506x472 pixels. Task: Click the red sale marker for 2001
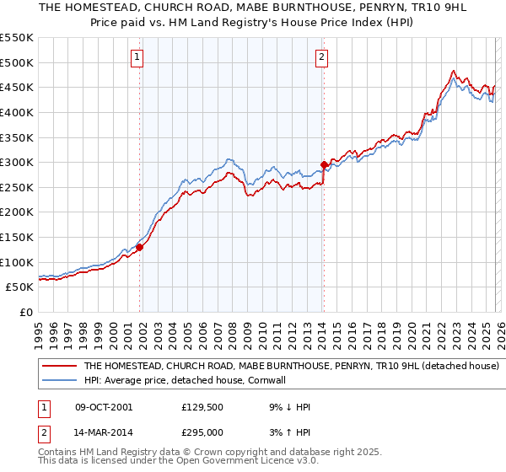tap(140, 247)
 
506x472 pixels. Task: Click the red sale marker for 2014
tap(324, 165)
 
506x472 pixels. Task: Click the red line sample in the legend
tap(59, 367)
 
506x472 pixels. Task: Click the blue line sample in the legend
tap(59, 381)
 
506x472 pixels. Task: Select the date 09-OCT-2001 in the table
tap(104, 407)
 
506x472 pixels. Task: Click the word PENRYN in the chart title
tap(324, 8)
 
